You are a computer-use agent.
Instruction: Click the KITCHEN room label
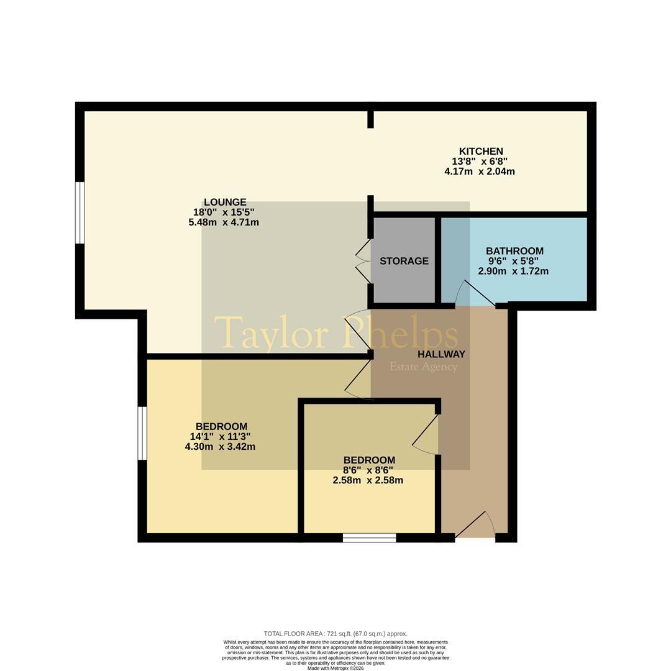[x=480, y=151]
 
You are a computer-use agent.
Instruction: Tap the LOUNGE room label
[x=225, y=202]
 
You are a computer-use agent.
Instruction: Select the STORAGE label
[x=404, y=261]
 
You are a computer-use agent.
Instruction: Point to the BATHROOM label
[x=514, y=251]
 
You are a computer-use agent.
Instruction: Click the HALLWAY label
[x=441, y=354]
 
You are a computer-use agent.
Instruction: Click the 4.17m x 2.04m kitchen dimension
[x=479, y=171]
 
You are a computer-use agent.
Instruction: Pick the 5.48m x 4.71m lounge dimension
[x=224, y=222]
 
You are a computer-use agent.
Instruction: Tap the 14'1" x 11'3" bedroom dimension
[x=221, y=437]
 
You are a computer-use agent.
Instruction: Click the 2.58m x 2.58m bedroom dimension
[x=368, y=480]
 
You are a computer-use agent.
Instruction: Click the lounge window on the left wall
[x=80, y=212]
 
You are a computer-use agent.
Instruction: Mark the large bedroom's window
[x=142, y=433]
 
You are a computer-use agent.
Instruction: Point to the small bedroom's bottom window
[x=369, y=538]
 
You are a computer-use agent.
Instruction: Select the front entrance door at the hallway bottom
[x=474, y=524]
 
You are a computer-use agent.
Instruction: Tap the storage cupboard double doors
[x=363, y=260]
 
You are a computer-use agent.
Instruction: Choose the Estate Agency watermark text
[x=423, y=367]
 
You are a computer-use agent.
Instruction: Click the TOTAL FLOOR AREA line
[x=335, y=634]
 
